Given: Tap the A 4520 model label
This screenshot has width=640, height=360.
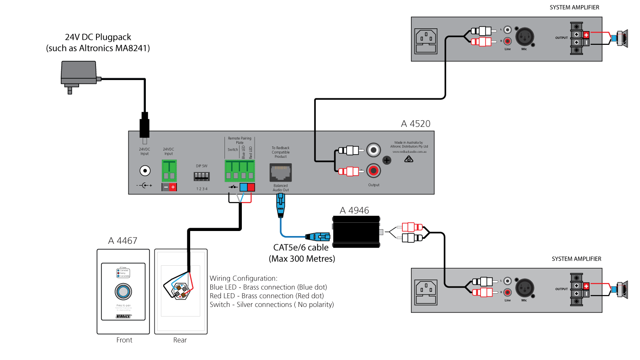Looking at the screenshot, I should (415, 124).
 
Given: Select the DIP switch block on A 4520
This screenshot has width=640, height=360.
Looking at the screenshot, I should (202, 176).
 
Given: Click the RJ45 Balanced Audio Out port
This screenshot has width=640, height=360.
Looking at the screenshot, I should (280, 172).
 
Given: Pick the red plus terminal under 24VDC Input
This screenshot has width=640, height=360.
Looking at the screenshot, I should (172, 187).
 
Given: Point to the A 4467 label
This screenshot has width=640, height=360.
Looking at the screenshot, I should (123, 241).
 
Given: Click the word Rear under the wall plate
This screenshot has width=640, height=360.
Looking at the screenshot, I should (180, 340).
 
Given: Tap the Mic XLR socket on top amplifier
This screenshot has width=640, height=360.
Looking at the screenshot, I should (524, 35).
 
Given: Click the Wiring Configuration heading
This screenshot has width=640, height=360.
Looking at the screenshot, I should (243, 278).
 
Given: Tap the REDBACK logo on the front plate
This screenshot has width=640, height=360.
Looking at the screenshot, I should (123, 316).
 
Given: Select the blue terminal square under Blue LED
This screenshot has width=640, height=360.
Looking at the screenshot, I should (244, 187).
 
